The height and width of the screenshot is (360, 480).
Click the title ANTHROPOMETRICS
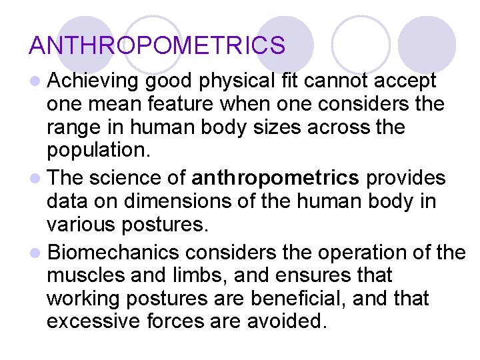tap(157, 45)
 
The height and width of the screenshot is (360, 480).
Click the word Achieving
tap(92, 81)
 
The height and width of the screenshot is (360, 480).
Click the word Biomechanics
tap(114, 253)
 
